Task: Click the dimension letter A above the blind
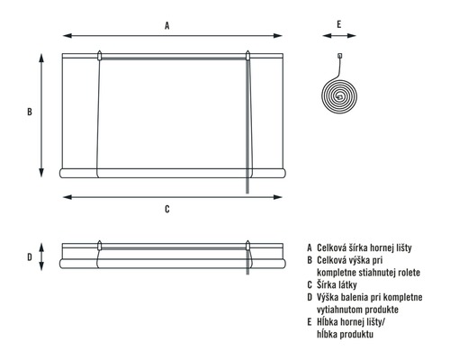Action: coord(167,25)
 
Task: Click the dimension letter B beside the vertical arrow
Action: coord(30,112)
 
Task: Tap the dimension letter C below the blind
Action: coord(167,209)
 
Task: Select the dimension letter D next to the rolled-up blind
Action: coord(30,257)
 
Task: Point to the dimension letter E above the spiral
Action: coord(339,24)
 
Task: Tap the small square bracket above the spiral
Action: coord(340,56)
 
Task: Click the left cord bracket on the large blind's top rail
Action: coord(100,56)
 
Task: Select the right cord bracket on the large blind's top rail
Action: coord(247,56)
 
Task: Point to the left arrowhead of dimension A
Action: coord(67,36)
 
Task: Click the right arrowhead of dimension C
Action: coord(278,197)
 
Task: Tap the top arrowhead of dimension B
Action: coord(41,58)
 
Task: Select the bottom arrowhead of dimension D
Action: coord(41,266)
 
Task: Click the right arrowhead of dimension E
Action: coord(352,36)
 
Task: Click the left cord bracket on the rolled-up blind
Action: coord(100,246)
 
